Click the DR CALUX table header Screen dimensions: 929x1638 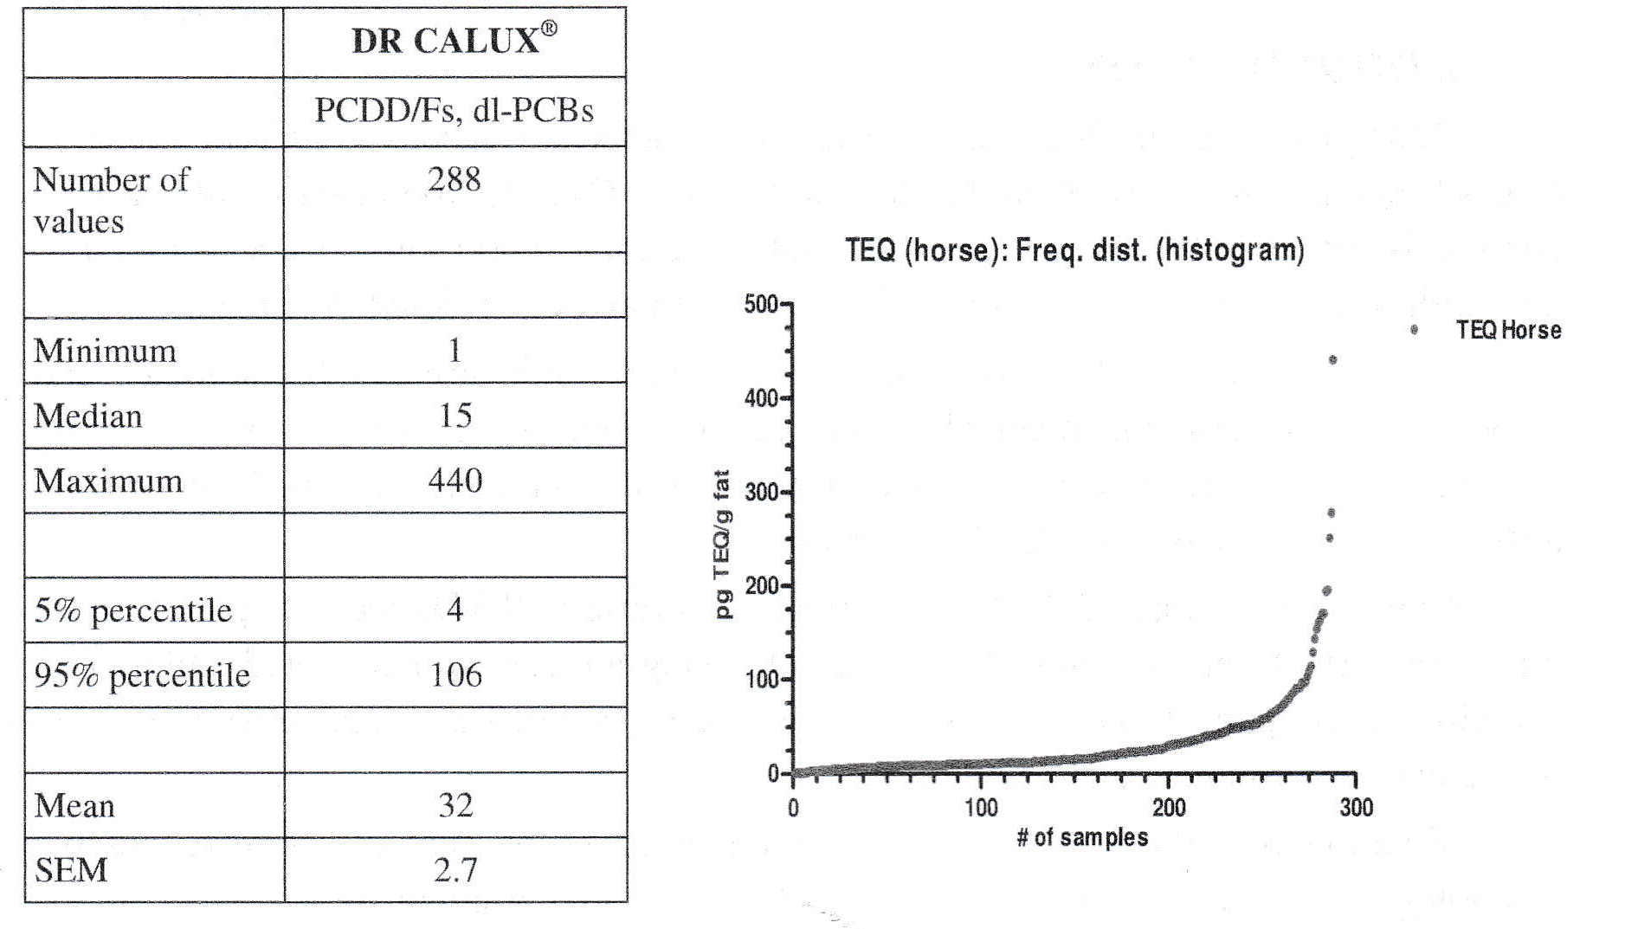point(454,41)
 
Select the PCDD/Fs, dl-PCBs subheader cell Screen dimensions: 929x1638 point(454,111)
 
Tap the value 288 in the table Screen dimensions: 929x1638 point(454,179)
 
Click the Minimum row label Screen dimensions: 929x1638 point(105,351)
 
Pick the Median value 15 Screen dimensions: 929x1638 point(455,416)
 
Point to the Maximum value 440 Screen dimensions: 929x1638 point(455,481)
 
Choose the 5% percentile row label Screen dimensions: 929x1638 point(132,610)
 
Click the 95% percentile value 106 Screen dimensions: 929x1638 point(455,675)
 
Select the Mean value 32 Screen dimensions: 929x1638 point(455,805)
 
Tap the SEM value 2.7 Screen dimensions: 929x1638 point(455,870)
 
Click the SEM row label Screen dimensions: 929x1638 point(71,870)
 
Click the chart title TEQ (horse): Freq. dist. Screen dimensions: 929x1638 point(1074,251)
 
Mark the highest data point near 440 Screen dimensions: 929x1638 point(1332,360)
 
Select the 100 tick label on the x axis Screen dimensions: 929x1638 point(981,809)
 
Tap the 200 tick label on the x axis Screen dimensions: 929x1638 point(1169,809)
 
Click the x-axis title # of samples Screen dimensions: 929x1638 point(1082,838)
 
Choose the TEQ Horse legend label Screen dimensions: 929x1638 point(1508,330)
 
